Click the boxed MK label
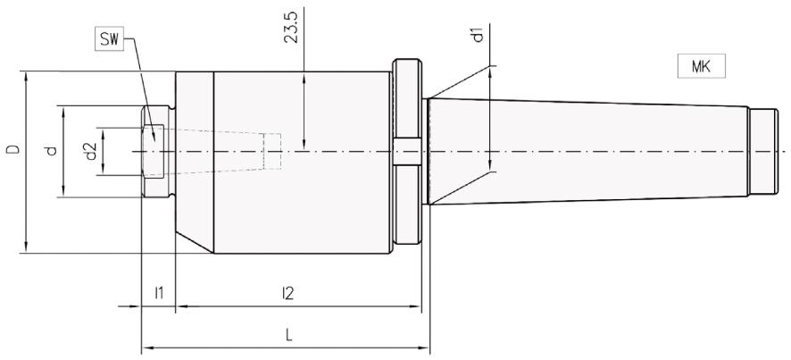click(700, 66)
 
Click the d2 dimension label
click(89, 151)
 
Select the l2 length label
click(287, 292)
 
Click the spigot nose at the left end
click(158, 151)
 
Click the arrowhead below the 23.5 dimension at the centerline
click(305, 145)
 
